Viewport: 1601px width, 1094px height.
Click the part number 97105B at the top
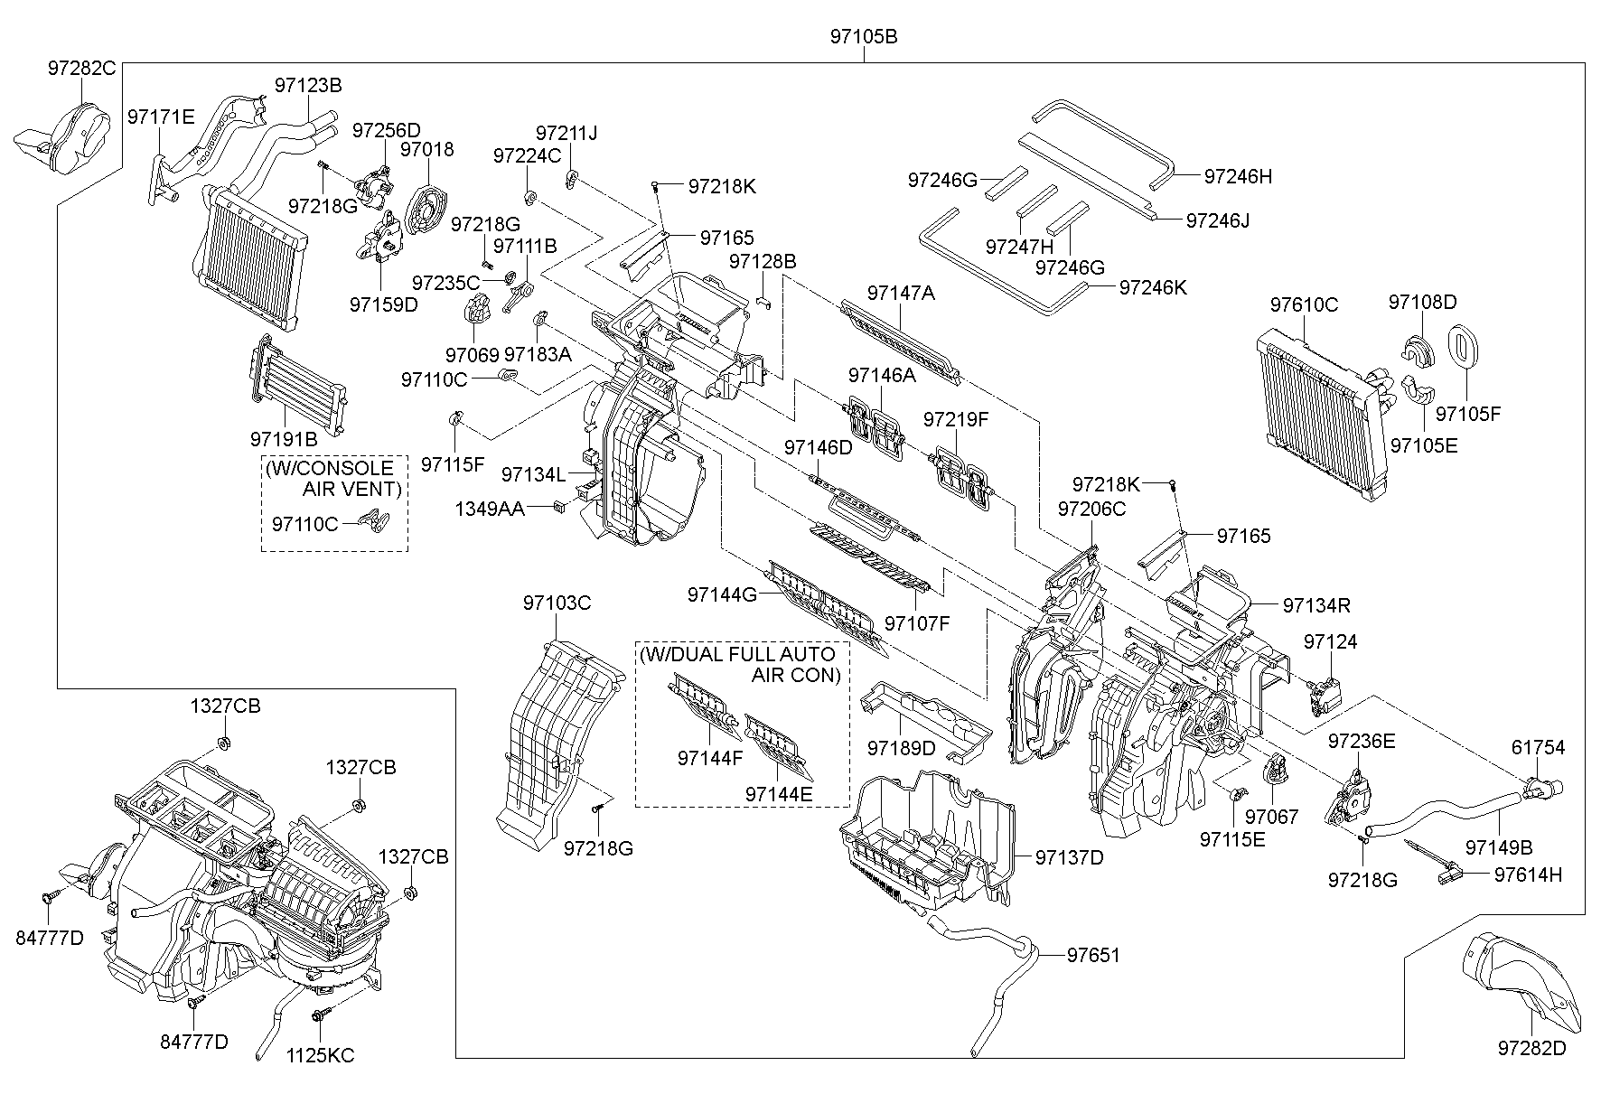click(x=864, y=37)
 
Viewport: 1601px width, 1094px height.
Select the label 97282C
click(x=82, y=67)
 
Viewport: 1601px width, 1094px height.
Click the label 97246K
click(x=1152, y=287)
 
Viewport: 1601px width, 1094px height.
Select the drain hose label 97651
click(x=1093, y=954)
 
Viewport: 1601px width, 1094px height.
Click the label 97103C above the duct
click(x=557, y=603)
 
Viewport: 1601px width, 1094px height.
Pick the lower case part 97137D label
click(x=1070, y=857)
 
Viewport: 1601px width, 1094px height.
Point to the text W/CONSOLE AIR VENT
click(x=334, y=479)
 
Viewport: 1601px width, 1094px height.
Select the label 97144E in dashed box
click(x=779, y=793)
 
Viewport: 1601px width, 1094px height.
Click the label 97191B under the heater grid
click(x=284, y=439)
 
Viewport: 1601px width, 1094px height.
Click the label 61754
click(x=1538, y=747)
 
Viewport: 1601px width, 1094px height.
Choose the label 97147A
click(x=901, y=293)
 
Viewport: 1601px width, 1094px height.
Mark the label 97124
click(x=1330, y=641)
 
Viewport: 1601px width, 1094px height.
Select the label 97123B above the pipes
click(x=308, y=86)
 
